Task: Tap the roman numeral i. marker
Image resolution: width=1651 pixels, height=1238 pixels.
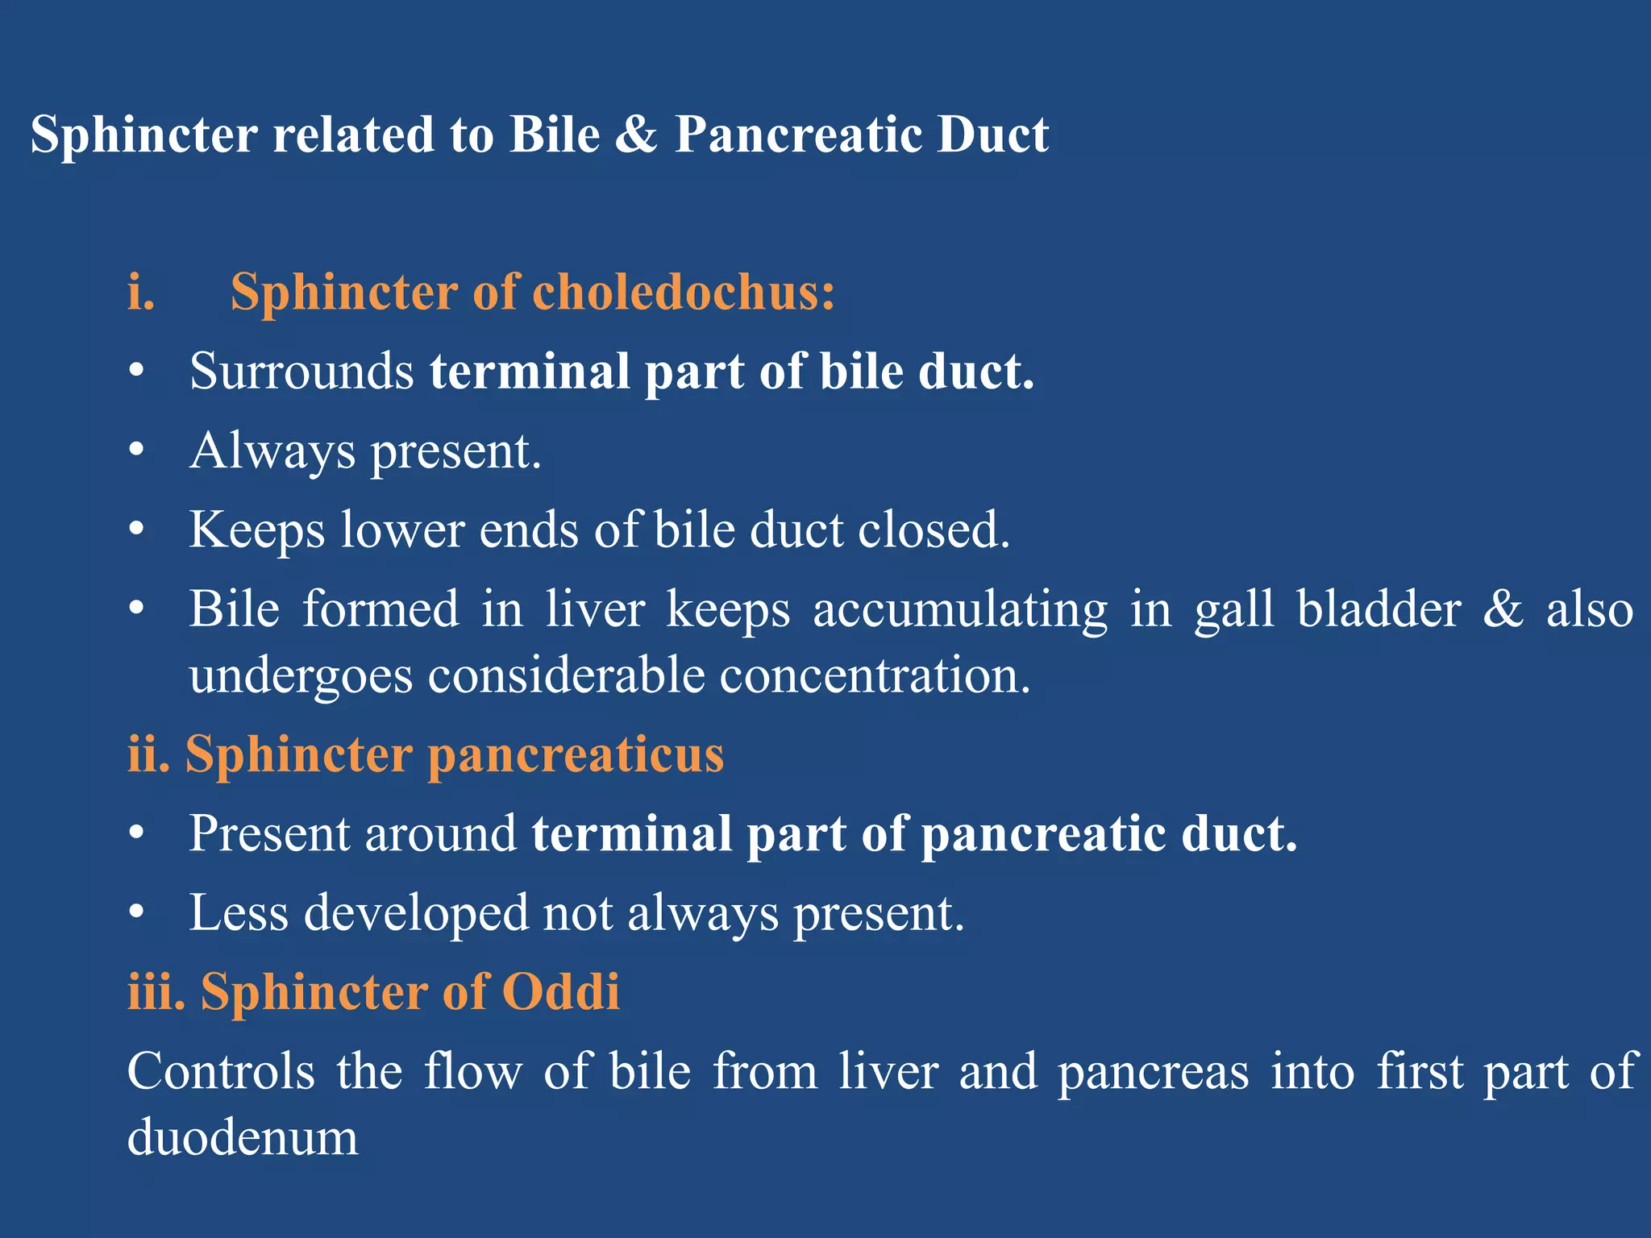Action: coord(141,292)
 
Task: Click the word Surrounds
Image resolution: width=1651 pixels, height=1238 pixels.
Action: coord(302,372)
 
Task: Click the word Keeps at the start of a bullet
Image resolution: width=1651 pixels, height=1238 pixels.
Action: coord(256,530)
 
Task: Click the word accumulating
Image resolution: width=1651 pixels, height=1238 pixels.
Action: coord(960,609)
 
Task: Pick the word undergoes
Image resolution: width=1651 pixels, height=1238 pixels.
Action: coord(301,675)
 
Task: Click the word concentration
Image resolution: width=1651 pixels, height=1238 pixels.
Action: coord(875,675)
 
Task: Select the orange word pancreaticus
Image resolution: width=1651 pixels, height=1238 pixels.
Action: coord(576,755)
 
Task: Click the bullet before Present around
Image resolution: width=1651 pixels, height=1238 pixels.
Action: coord(136,833)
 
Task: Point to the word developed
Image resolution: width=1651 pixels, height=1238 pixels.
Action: coord(415,913)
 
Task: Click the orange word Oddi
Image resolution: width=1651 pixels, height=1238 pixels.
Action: coord(561,992)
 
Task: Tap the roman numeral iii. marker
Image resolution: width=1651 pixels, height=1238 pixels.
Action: coord(156,992)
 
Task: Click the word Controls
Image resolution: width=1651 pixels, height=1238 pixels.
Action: coord(221,1072)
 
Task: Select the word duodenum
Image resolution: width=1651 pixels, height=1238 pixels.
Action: coord(243,1138)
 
